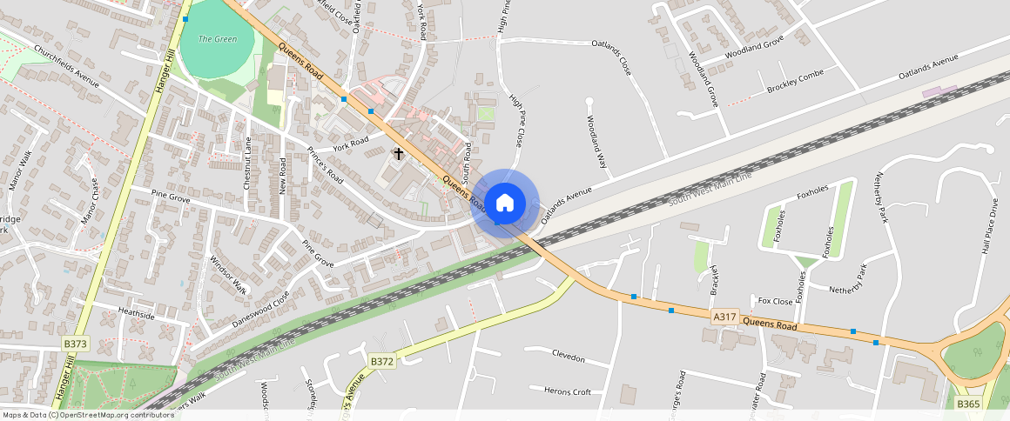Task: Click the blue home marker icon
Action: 505,204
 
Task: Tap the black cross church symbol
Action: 399,154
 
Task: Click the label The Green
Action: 218,39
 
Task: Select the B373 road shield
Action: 76,344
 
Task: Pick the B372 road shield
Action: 382,361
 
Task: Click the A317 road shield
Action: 724,318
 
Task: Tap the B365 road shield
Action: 968,404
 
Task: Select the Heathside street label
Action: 136,315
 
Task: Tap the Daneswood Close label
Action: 261,309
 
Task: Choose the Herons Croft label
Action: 566,391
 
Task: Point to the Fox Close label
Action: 775,301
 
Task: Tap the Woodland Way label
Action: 596,142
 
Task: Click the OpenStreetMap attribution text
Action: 87,415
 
